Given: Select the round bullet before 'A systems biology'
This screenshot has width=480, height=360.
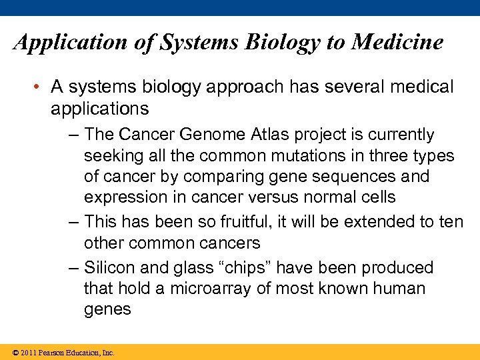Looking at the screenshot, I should (39, 87).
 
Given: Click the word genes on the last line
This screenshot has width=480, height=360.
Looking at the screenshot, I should (107, 310).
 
